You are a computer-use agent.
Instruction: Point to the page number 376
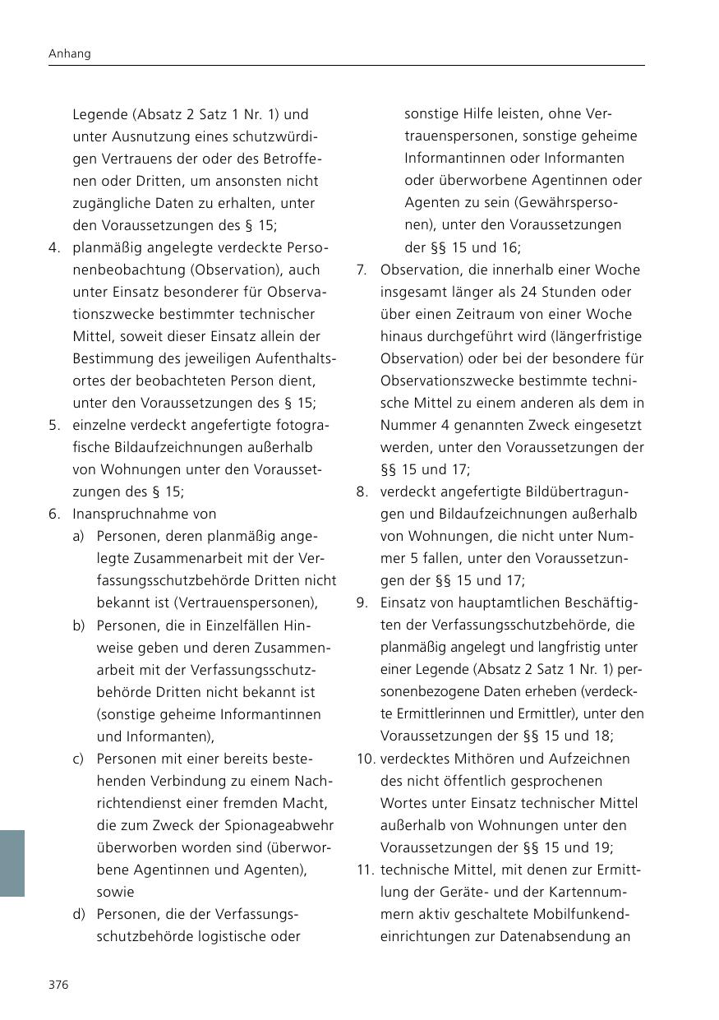pos(58,985)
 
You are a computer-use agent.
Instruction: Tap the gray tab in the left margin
pos(12,862)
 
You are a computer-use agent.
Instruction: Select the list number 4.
pos(53,247)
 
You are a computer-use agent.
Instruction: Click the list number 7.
pos(362,270)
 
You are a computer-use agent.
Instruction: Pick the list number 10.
pos(366,759)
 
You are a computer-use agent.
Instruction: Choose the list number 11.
pos(366,870)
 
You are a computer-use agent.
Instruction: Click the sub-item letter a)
pos(79,536)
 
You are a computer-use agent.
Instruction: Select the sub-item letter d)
pos(79,914)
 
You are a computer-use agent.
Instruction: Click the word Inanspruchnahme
pos(132,514)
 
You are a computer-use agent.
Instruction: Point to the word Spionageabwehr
pos(270,825)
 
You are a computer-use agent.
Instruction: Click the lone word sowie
pos(115,892)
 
